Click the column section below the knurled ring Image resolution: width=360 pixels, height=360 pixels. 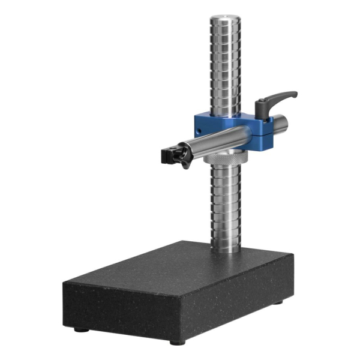point(227,204)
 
